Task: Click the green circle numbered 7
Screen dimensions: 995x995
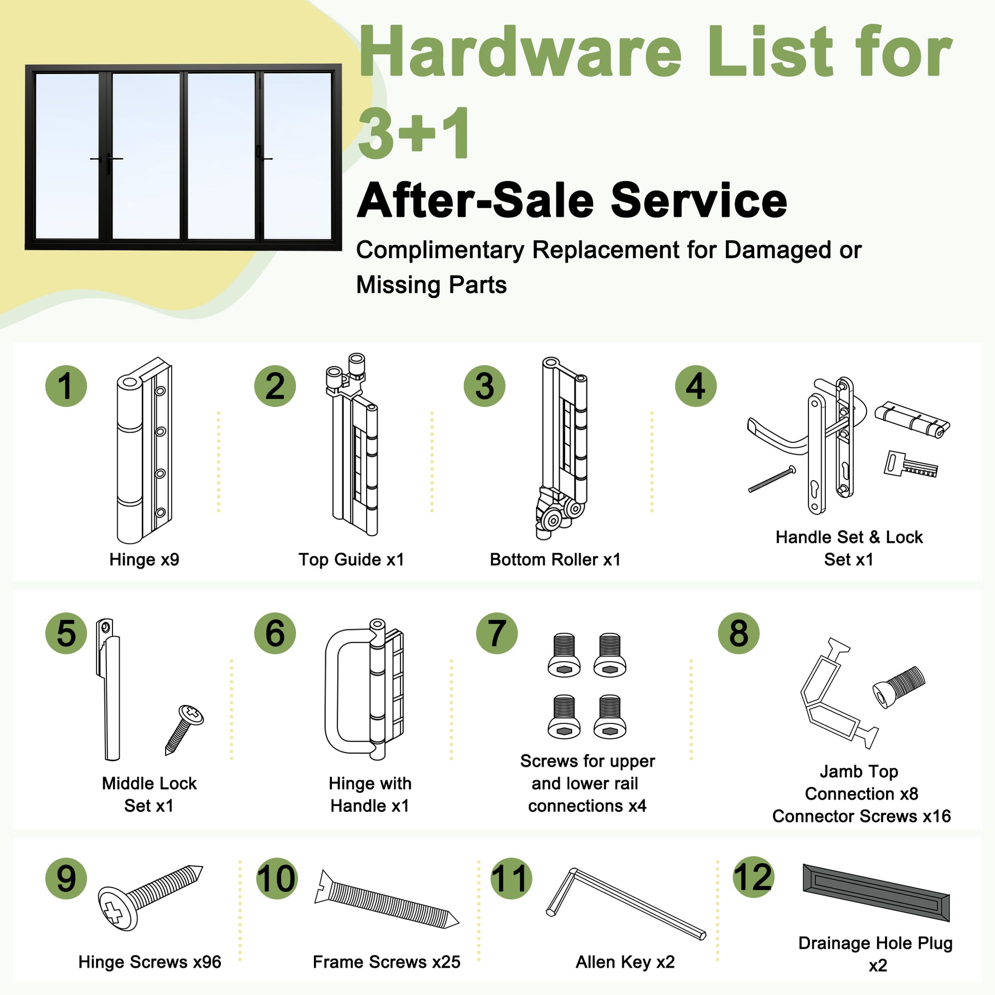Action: point(496,634)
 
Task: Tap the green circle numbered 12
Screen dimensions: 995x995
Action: point(753,877)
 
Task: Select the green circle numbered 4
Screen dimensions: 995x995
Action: point(696,386)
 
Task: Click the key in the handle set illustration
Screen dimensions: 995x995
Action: point(911,464)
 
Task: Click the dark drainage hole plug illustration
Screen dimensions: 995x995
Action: point(876,893)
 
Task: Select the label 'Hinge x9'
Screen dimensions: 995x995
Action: point(144,560)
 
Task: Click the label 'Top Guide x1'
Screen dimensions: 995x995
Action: point(351,560)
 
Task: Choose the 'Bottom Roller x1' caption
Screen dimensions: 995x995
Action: point(555,560)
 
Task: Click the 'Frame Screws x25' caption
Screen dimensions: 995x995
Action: point(386,962)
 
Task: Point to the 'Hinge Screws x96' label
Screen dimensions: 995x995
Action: point(150,962)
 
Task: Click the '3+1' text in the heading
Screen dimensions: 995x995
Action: point(414,133)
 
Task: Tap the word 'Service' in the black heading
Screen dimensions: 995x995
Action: point(699,201)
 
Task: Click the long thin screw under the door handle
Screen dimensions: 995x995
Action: point(772,479)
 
